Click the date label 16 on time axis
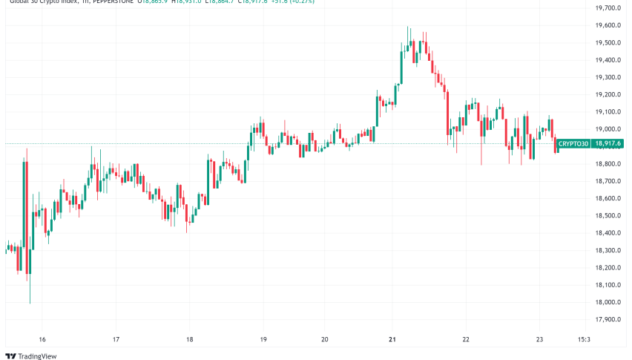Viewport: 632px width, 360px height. (42, 339)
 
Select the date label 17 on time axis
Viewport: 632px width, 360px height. (116, 339)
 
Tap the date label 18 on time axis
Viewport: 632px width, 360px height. (190, 339)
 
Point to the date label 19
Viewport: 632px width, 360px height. (263, 339)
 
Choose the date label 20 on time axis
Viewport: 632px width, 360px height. (325, 339)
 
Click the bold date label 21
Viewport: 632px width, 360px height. (392, 339)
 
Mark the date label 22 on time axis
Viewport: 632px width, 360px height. (466, 339)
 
